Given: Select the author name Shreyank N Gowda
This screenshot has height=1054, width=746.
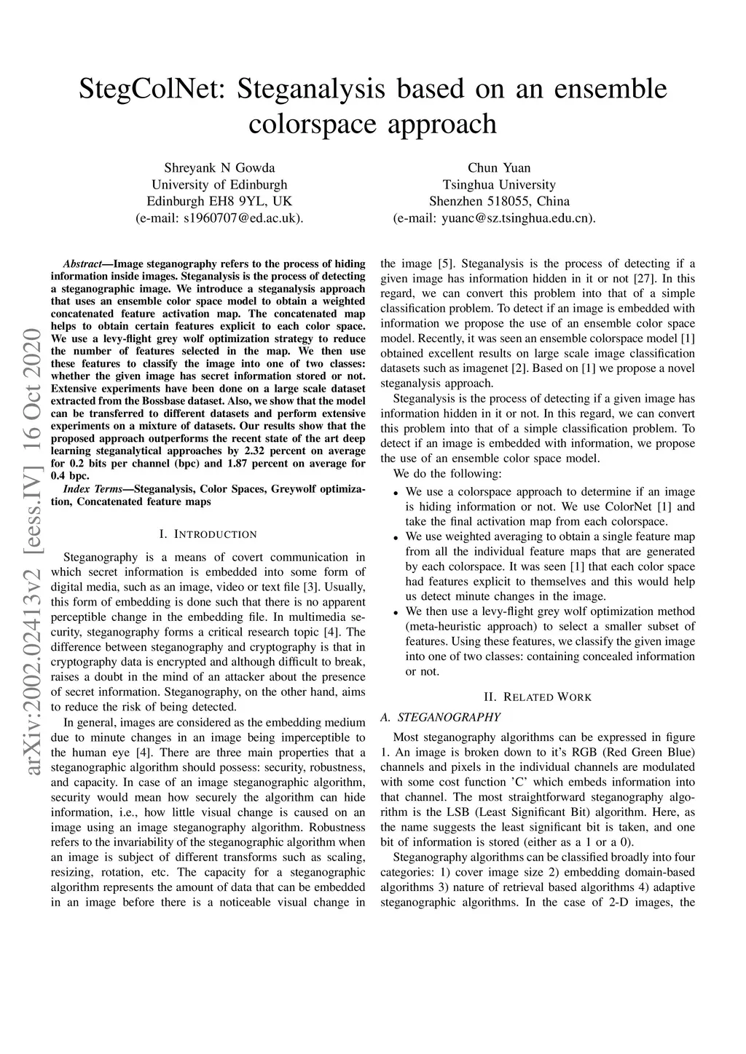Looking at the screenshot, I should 219,168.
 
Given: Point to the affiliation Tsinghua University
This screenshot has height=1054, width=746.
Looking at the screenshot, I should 499,185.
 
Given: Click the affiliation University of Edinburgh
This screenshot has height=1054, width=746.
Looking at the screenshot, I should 219,185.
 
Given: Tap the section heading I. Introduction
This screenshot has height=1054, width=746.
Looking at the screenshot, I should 208,534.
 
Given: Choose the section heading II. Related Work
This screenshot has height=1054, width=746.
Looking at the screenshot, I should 538,697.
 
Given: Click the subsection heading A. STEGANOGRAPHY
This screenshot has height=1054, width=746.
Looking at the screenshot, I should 441,717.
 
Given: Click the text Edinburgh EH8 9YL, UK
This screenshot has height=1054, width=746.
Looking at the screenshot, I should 219,202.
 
